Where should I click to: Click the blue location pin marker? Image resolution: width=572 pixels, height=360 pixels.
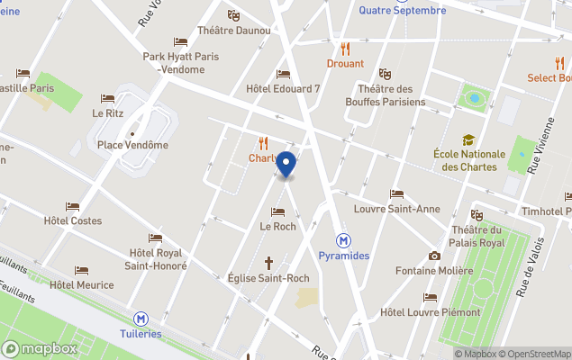click(x=286, y=164)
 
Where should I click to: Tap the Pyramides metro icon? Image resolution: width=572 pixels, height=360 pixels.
click(x=343, y=240)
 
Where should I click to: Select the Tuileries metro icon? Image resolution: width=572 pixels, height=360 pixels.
click(x=141, y=319)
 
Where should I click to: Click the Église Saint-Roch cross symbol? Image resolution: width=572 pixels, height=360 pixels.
click(x=268, y=263)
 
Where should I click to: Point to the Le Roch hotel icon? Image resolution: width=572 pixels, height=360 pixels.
click(x=277, y=211)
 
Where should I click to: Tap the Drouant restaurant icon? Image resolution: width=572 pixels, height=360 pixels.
click(x=345, y=49)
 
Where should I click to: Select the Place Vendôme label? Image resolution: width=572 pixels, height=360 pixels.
click(x=132, y=145)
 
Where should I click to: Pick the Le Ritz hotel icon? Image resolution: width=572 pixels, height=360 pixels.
click(x=108, y=99)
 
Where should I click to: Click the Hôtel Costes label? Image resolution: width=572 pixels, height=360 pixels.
click(x=73, y=220)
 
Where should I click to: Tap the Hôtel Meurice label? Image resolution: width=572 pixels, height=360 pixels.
click(x=82, y=285)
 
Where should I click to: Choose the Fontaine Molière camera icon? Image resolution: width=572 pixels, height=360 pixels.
click(x=434, y=256)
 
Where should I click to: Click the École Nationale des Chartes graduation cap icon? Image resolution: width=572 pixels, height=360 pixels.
click(x=468, y=139)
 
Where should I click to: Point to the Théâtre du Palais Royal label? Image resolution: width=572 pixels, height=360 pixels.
click(x=477, y=236)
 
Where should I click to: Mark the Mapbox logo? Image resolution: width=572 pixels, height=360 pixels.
click(x=41, y=348)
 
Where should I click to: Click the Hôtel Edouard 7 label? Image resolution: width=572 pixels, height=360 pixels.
click(x=283, y=89)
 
